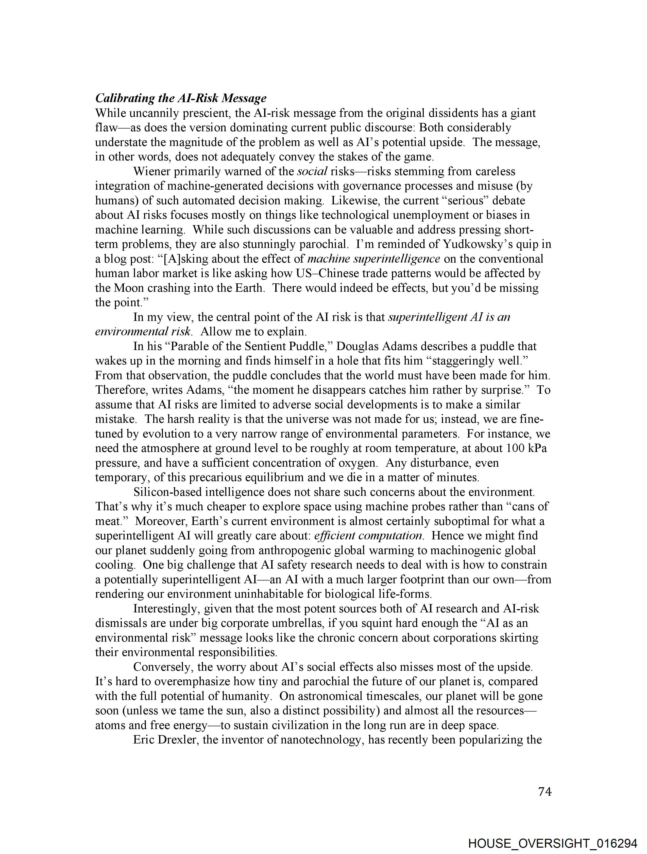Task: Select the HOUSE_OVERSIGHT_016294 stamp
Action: (552, 843)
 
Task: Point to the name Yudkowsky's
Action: (476, 244)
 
